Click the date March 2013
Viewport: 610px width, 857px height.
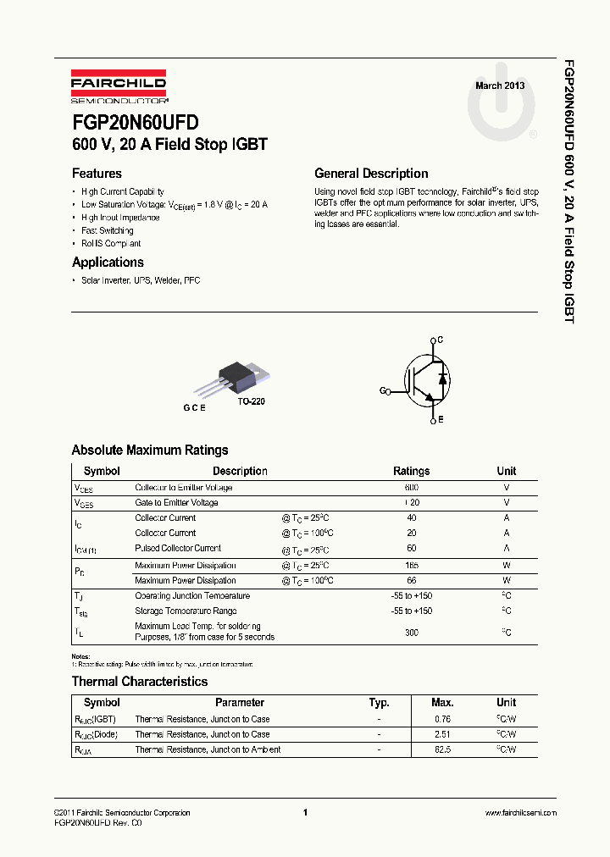pos(499,86)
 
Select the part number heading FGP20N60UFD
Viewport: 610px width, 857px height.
pos(135,123)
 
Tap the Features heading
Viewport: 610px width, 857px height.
pos(97,174)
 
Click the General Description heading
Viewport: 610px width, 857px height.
pos(371,174)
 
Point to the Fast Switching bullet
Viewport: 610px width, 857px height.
pos(107,230)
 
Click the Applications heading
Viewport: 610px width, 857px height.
pos(108,263)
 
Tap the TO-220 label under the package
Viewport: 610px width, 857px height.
pos(251,401)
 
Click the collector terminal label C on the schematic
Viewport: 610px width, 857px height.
pos(439,340)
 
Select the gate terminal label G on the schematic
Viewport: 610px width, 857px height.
pos(382,391)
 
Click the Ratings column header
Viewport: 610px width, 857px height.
pos(411,471)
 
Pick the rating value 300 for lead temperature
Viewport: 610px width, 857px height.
pos(412,632)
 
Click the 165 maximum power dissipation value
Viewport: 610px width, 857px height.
pos(412,565)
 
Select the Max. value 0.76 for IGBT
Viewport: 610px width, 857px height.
pos(442,719)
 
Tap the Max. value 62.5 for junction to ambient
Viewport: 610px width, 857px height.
pos(442,749)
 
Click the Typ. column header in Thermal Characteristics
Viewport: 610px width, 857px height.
pos(379,702)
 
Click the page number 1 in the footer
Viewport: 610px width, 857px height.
pos(304,813)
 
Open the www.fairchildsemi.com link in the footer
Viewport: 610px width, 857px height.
pos(521,813)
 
